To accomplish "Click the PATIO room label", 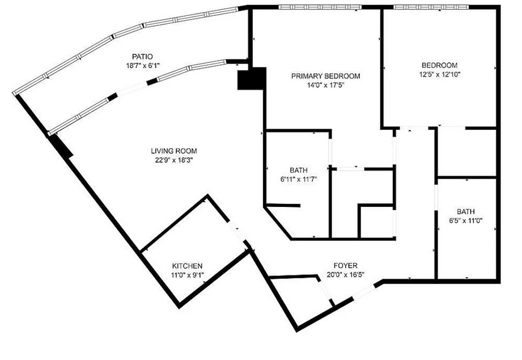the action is pos(142,56).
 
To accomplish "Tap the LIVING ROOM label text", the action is pos(174,151).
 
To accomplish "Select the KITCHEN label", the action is pos(187,266).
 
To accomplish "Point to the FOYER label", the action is pos(346,266).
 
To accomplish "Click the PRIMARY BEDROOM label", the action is pos(326,76).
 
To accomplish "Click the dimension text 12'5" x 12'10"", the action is pos(439,74).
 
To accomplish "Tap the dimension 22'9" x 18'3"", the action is pos(174,160).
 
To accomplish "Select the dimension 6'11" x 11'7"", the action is pos(299,179).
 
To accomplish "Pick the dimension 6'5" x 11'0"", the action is pos(466,220).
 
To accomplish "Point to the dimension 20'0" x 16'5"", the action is pos(346,275).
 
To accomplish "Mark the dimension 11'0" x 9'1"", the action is pos(187,275).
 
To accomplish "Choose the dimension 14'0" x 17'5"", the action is pos(326,85).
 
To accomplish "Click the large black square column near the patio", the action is pos(252,78).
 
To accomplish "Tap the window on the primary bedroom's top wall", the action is pos(320,7).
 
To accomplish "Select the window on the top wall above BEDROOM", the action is pos(431,7).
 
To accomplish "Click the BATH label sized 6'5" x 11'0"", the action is pos(466,211).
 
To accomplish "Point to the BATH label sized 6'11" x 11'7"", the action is pos(299,170).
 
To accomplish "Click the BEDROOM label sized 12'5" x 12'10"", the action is pos(439,66).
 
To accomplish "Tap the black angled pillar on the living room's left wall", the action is pos(60,146).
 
